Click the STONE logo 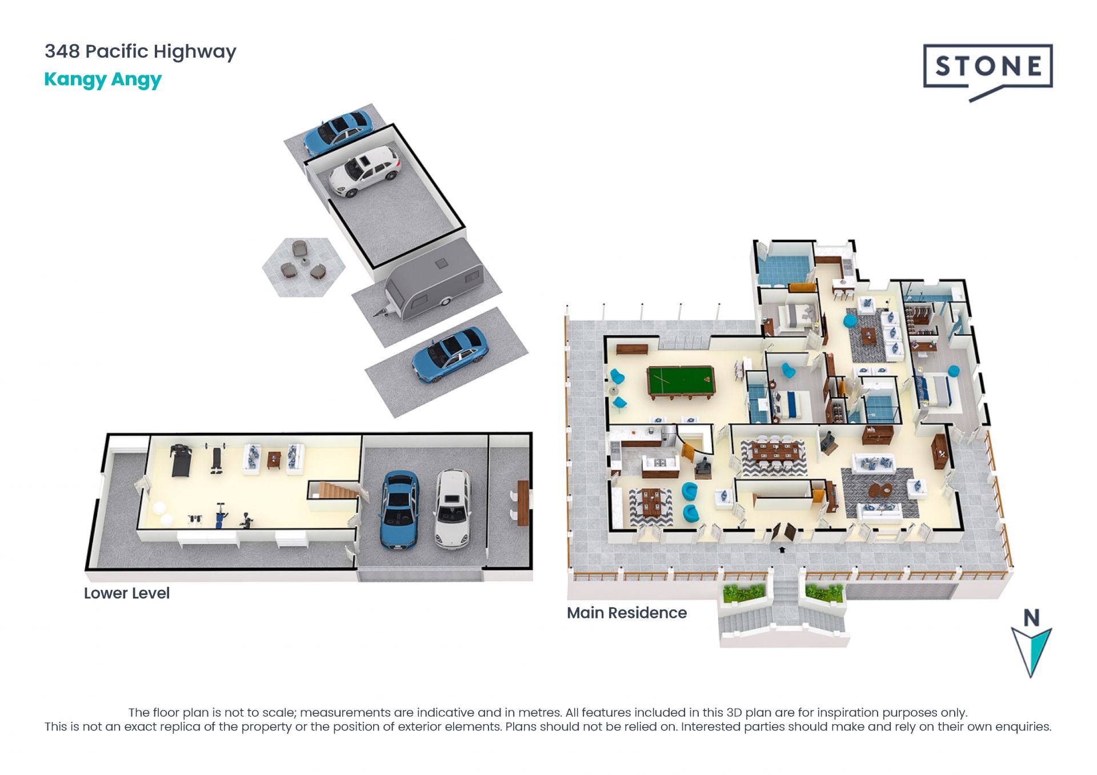pos(988,71)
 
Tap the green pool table pos(681,382)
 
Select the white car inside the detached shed pos(365,171)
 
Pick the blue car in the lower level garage pos(399,509)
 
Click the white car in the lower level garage pos(453,508)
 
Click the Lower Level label pos(127,593)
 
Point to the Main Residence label pos(627,613)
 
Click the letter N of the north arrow pos(1031,617)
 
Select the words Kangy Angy pos(103,79)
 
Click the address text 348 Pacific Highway pos(141,51)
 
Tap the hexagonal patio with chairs pos(303,267)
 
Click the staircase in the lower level pos(335,490)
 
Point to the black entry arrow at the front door pos(782,549)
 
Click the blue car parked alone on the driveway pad pos(450,354)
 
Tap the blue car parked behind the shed pos(338,132)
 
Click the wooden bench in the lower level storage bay pos(523,503)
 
